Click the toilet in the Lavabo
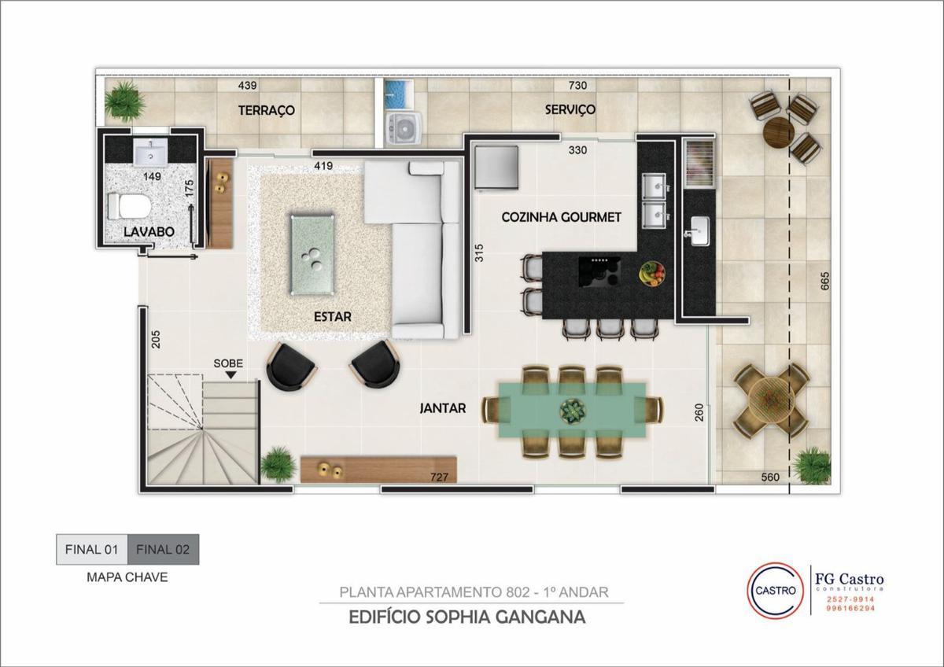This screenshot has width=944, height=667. point(130,206)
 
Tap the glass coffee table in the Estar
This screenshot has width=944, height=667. point(312,255)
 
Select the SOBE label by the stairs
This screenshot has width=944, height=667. point(228,363)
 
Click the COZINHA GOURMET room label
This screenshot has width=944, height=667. point(562,217)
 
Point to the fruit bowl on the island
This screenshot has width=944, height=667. point(652,274)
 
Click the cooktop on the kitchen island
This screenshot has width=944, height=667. point(599,273)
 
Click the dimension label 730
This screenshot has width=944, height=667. point(577,86)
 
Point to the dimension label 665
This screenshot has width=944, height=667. point(825,281)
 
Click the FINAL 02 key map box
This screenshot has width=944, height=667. point(163,550)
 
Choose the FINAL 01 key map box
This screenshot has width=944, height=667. point(92,550)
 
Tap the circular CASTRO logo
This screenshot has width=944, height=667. point(775,591)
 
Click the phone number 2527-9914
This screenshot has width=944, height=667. point(850,599)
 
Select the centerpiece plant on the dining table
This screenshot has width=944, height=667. point(573,409)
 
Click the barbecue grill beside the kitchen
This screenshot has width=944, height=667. point(699,164)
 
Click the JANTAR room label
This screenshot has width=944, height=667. point(443,408)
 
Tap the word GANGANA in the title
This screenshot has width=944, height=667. point(540,617)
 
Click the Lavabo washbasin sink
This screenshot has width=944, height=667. point(151,151)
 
